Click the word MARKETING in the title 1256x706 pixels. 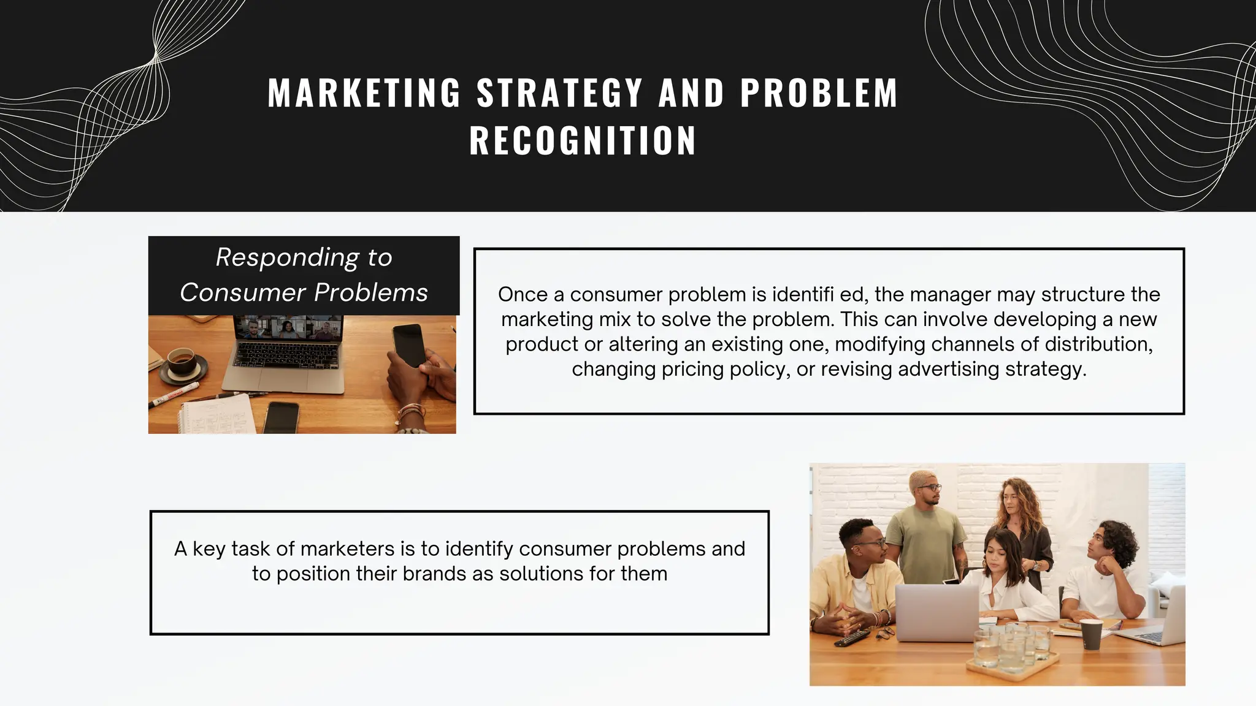pos(364,94)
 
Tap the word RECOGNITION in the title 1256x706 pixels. pos(583,141)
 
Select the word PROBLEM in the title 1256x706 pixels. pos(819,94)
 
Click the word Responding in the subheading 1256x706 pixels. pos(287,257)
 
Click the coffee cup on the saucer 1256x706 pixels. pos(181,361)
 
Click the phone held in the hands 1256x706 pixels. pos(408,344)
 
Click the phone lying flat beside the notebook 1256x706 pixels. pos(281,417)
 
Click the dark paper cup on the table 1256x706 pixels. pos(1091,633)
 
